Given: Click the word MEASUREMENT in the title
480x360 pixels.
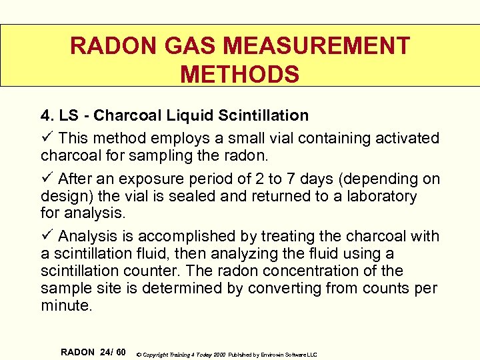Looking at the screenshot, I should coord(317,46).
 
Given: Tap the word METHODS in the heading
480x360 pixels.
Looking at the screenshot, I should coord(240,74).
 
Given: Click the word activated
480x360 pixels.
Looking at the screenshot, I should coord(408,138).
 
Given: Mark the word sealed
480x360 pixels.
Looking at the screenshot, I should coord(196,196).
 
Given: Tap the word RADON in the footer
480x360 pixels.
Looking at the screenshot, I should coord(77,351).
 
